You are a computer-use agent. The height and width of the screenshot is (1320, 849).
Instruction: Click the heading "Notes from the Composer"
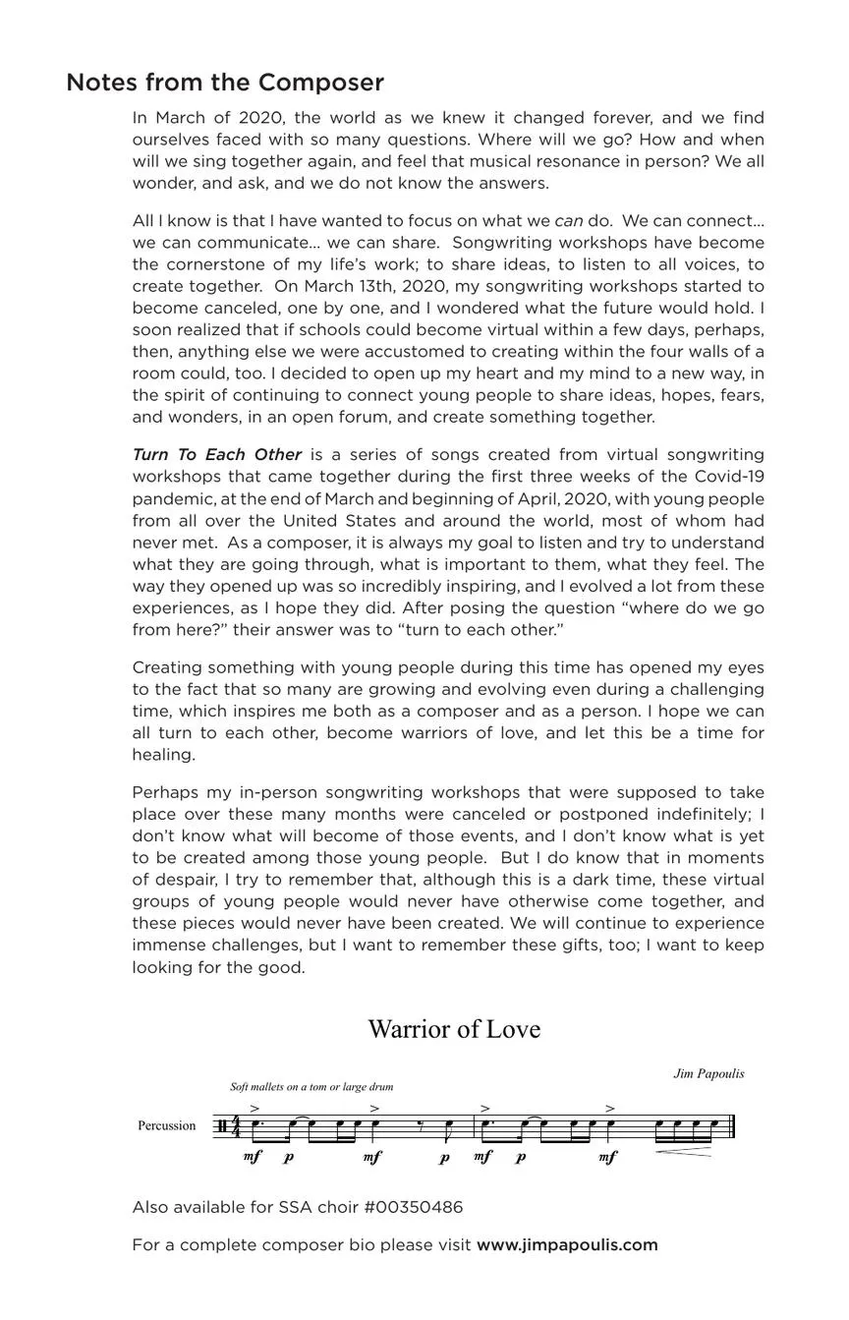(x=224, y=83)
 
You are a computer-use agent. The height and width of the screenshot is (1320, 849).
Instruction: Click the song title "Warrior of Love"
(x=454, y=1029)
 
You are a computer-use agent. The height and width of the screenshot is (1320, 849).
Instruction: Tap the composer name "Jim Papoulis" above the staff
(x=708, y=1073)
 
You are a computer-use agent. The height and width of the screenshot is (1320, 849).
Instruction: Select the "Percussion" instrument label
(x=166, y=1126)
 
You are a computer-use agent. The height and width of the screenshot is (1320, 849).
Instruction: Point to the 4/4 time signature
(x=235, y=1126)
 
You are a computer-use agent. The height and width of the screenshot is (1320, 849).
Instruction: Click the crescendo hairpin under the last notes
(x=684, y=1152)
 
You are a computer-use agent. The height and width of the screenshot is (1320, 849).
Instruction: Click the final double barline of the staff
(x=732, y=1126)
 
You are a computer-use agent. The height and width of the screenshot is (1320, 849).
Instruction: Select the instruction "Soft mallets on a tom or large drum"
(x=311, y=1087)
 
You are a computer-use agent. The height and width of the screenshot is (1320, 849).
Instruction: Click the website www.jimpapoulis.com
(x=567, y=1245)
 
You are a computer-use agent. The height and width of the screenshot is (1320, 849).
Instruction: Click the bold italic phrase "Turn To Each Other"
(x=216, y=455)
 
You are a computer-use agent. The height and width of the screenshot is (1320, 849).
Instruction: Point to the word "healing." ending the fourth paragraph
(x=163, y=755)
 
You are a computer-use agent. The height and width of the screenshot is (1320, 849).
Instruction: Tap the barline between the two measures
(x=475, y=1126)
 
